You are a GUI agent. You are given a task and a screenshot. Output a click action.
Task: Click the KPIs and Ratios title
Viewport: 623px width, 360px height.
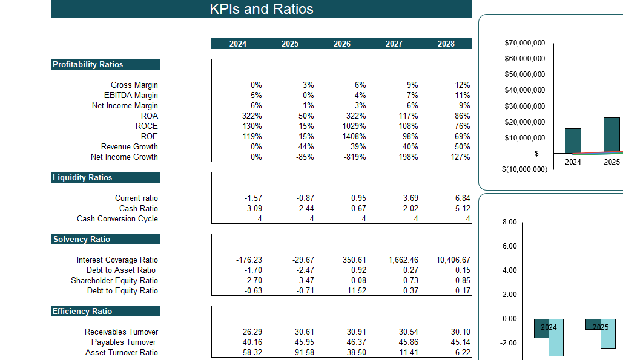pyautogui.click(x=261, y=9)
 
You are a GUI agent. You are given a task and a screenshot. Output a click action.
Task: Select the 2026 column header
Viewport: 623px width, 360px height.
pyautogui.click(x=341, y=44)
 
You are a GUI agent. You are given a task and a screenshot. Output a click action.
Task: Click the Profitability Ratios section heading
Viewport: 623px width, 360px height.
pyautogui.click(x=88, y=65)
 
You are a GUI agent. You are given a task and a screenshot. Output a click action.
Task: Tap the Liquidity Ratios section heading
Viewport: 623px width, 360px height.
pyautogui.click(x=82, y=178)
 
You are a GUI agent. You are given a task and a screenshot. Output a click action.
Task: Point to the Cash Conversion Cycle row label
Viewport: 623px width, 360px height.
pyautogui.click(x=117, y=219)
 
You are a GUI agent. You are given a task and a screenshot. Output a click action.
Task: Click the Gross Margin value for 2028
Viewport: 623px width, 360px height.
pyautogui.click(x=462, y=85)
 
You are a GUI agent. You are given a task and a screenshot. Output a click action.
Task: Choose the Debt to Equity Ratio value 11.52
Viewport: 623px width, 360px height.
pyautogui.click(x=355, y=291)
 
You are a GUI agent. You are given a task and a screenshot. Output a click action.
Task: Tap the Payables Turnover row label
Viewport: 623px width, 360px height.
pyautogui.click(x=124, y=342)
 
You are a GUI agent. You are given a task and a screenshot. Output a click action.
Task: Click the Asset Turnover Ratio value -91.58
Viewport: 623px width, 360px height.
pyautogui.click(x=302, y=353)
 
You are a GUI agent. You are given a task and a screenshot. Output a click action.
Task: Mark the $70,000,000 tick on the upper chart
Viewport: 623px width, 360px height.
pyautogui.click(x=524, y=43)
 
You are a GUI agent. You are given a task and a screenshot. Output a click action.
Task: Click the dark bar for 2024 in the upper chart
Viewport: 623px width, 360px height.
pyautogui.click(x=573, y=140)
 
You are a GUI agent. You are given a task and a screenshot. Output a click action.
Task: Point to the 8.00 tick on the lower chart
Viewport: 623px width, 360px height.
pyautogui.click(x=510, y=222)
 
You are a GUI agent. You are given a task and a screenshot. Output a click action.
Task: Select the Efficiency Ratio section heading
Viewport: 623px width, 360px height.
pyautogui.click(x=82, y=312)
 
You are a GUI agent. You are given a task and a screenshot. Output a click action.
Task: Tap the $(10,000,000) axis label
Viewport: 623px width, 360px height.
pyautogui.click(x=524, y=169)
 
